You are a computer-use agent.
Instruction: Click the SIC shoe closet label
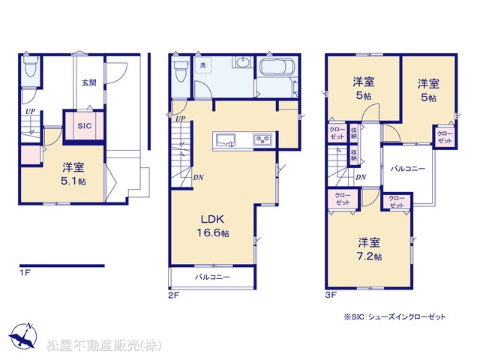tap(85, 126)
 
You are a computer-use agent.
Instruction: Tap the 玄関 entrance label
tap(89, 82)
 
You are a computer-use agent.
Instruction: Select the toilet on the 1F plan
tap(31, 67)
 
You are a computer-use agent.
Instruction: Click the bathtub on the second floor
tap(277, 67)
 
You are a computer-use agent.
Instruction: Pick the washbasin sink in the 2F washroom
tap(243, 62)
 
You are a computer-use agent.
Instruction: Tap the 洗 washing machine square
tap(203, 65)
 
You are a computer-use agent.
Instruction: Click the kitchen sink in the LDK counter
tap(226, 140)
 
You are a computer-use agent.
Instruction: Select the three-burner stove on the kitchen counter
tap(262, 140)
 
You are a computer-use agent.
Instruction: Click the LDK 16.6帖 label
tap(213, 226)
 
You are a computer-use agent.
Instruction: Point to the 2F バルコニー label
tap(212, 277)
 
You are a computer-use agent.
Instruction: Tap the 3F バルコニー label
tap(408, 169)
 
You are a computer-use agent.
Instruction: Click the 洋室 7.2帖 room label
tap(369, 249)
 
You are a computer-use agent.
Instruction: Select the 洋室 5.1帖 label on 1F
tap(73, 174)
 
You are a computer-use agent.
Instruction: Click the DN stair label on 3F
tap(361, 177)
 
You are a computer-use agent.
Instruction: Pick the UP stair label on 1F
tap(30, 112)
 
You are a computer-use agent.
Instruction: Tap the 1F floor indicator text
tap(25, 272)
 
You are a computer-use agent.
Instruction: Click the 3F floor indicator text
tap(331, 295)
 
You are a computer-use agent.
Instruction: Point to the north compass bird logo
tap(23, 335)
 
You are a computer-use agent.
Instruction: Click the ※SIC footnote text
tap(394, 317)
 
